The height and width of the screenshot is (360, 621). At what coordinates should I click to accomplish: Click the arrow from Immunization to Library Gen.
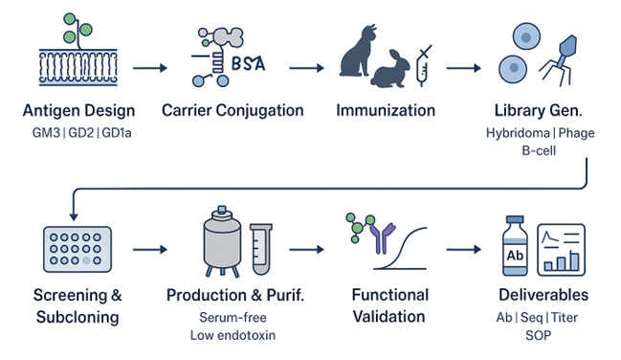pos(463,69)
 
